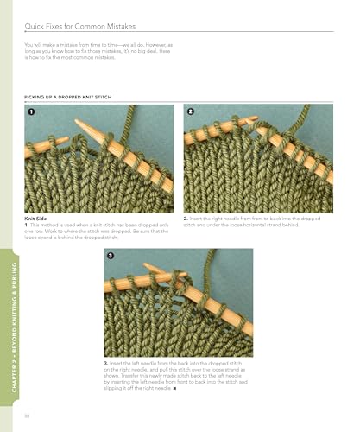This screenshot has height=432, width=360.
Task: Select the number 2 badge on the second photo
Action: [x=191, y=111]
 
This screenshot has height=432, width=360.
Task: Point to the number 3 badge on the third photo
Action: [x=111, y=256]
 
